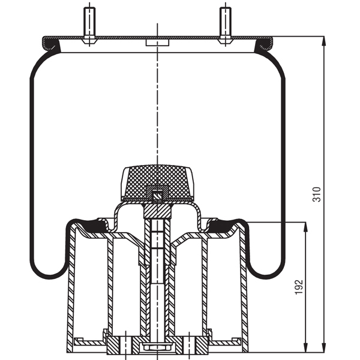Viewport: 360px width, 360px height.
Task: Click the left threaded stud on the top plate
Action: point(89,23)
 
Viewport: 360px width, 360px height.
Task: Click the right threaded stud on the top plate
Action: point(224,23)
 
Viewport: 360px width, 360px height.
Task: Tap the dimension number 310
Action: point(317,193)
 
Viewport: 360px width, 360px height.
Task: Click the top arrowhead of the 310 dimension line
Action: point(324,40)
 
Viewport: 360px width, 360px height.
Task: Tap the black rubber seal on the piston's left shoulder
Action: point(91,226)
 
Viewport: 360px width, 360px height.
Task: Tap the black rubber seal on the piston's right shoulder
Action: point(222,226)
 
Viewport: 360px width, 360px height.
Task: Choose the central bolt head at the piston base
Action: point(157,347)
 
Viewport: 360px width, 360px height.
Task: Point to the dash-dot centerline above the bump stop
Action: point(157,108)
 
